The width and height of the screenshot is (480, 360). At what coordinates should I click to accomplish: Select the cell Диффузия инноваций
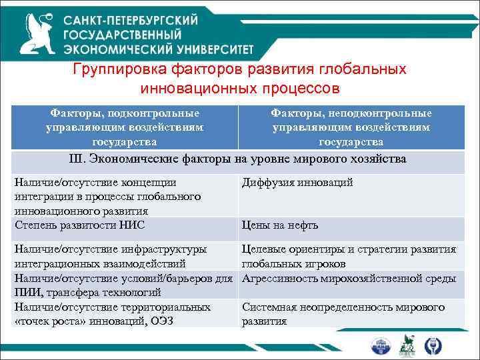pos(297,183)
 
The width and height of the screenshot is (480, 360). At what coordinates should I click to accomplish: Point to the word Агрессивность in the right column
pos(279,277)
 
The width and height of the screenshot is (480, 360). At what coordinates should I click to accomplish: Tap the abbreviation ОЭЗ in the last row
pos(185,321)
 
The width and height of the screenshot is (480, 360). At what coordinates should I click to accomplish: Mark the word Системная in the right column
pos(268,307)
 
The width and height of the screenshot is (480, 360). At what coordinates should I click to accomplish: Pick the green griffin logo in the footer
pos(407,345)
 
